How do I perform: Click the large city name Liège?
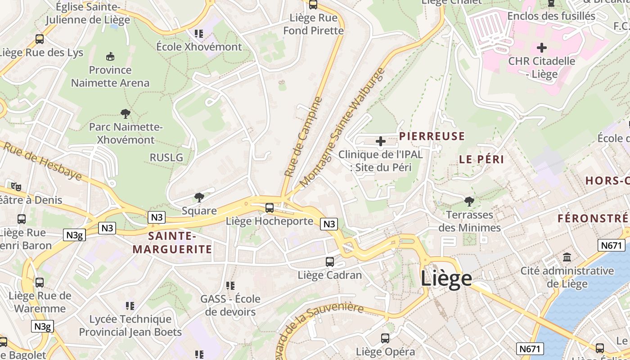(x=446, y=279)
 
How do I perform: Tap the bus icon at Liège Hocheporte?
(x=270, y=207)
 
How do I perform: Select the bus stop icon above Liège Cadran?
(x=330, y=261)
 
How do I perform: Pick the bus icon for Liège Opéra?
(x=385, y=338)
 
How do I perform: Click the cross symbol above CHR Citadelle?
(x=542, y=47)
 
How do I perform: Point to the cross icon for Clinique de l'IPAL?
(x=381, y=141)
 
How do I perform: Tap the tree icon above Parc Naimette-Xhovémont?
(x=126, y=113)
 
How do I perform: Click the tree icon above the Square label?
(x=199, y=197)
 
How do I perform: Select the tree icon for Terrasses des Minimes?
(x=469, y=201)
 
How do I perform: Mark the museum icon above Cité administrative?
(x=567, y=257)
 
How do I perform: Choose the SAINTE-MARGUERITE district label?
(x=172, y=243)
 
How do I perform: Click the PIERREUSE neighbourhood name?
(x=432, y=136)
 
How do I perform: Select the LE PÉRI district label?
(x=481, y=159)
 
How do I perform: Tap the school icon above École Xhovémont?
(x=199, y=33)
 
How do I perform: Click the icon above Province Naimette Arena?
(x=110, y=56)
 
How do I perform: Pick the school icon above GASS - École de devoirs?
(x=230, y=285)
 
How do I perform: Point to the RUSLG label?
(x=166, y=157)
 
